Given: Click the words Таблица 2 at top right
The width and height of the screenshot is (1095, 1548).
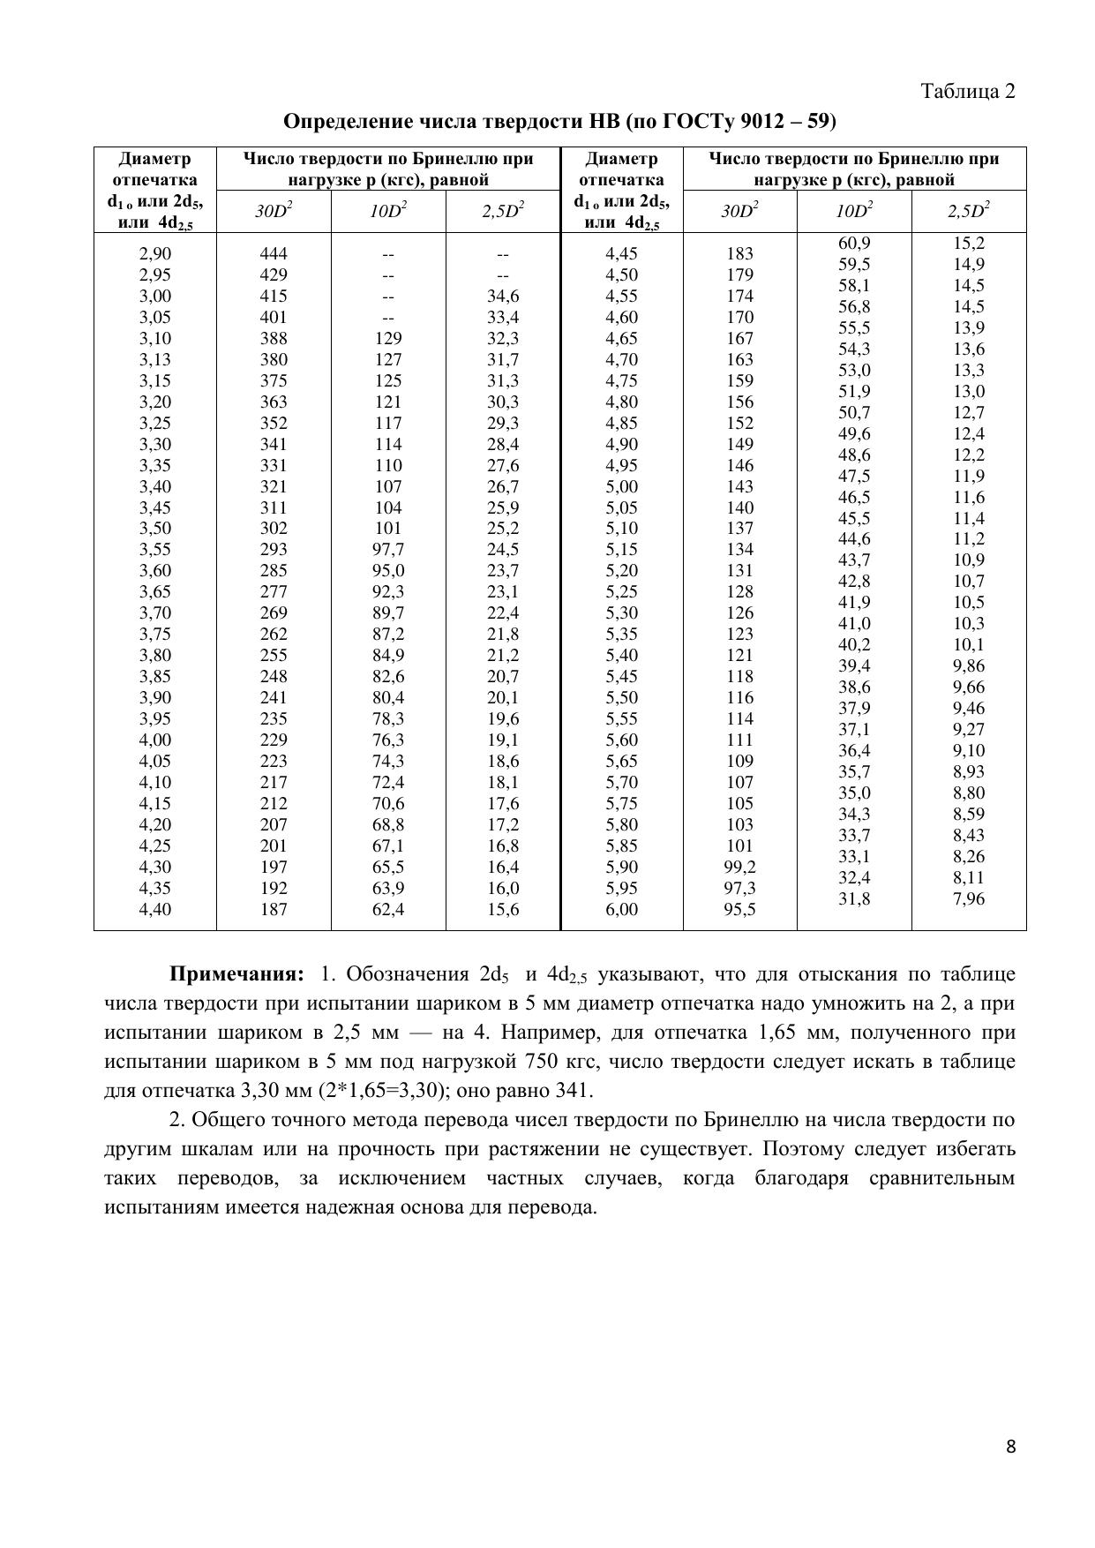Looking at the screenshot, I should pyautogui.click(x=968, y=91).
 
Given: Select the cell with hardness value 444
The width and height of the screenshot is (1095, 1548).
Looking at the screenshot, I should pyautogui.click(x=274, y=254).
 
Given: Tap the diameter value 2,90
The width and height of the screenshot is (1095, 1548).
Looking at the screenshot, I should pyautogui.click(x=155, y=254).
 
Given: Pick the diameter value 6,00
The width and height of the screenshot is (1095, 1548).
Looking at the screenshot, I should pyautogui.click(x=621, y=909).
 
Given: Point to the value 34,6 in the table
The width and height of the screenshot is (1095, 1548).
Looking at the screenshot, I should pyautogui.click(x=503, y=297).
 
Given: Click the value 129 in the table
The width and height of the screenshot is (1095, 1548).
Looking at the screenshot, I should pyautogui.click(x=388, y=338).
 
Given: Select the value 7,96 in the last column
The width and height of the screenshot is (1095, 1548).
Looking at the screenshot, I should pyautogui.click(x=969, y=899).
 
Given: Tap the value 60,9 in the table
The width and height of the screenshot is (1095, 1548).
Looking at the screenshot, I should pyautogui.click(x=854, y=243).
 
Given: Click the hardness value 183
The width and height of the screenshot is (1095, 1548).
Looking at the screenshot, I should pyautogui.click(x=739, y=254).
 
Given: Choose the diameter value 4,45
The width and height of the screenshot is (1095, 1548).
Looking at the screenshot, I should pyautogui.click(x=621, y=254).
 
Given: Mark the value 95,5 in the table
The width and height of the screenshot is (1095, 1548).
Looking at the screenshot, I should pyautogui.click(x=739, y=909).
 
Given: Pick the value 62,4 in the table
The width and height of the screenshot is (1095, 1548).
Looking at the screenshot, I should pyautogui.click(x=388, y=909).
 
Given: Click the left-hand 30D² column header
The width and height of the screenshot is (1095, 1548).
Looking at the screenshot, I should pyautogui.click(x=274, y=212).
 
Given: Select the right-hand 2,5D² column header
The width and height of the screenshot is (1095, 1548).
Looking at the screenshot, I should pyautogui.click(x=969, y=212).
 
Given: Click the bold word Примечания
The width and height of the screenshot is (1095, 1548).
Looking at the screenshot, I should pyautogui.click(x=236, y=974).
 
